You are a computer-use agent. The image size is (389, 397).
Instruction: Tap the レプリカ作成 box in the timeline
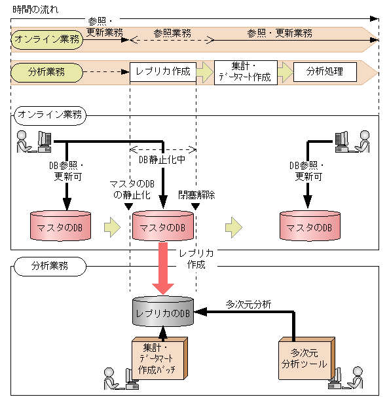(x=163, y=71)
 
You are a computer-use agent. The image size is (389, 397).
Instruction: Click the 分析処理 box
(x=325, y=71)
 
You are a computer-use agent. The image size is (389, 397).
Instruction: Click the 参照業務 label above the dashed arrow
(x=172, y=32)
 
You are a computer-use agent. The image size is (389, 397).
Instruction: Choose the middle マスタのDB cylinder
(x=163, y=227)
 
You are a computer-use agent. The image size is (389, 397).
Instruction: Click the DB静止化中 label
(x=162, y=159)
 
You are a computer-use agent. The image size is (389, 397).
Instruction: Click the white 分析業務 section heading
(x=50, y=267)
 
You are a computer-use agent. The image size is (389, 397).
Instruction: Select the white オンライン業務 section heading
(x=50, y=115)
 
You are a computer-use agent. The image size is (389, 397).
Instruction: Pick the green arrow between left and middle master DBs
(x=113, y=227)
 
